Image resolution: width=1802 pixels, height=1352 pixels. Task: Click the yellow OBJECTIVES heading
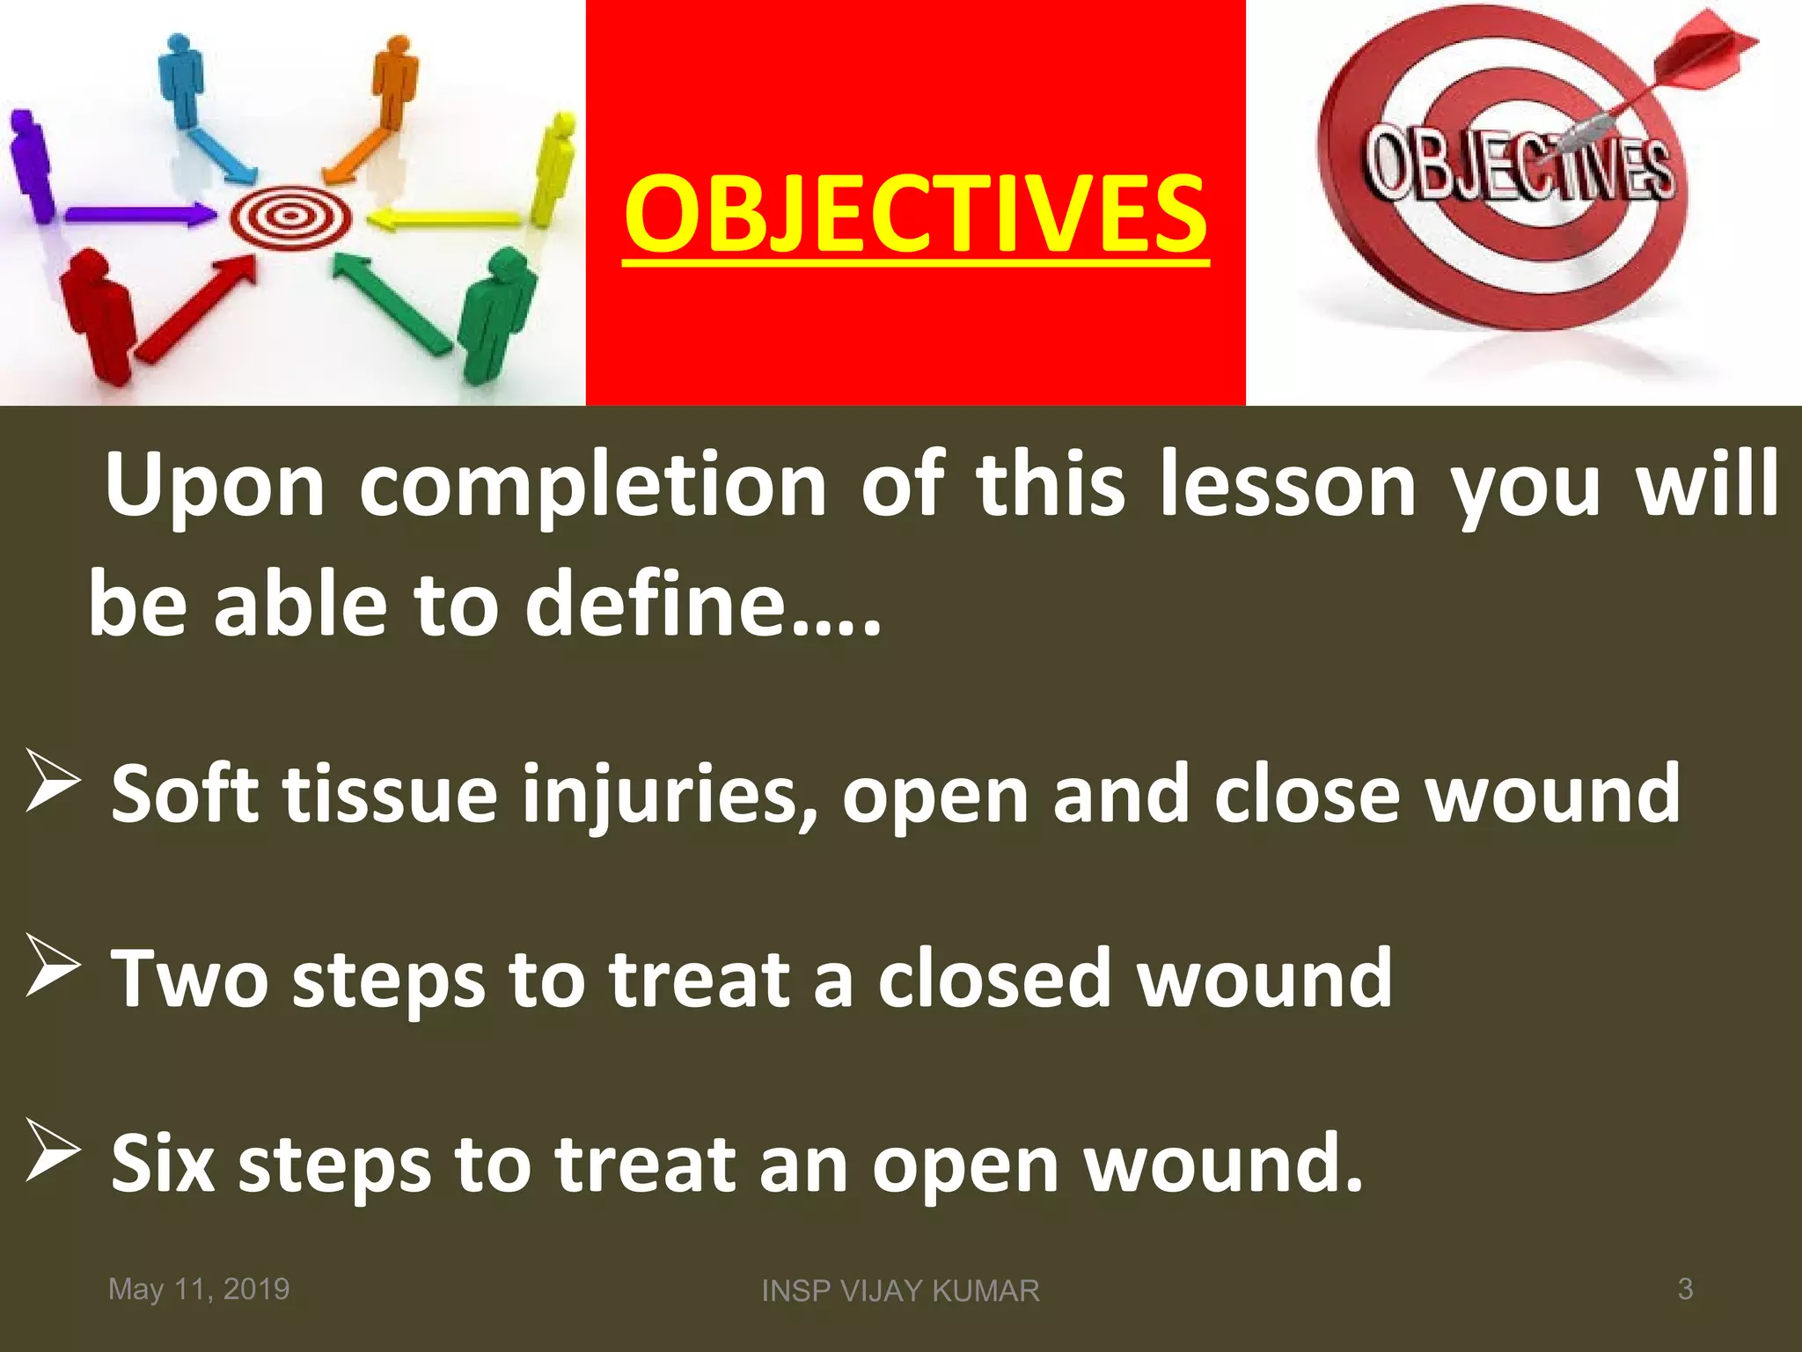click(x=915, y=214)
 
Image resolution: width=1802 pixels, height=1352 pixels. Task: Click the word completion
click(x=592, y=487)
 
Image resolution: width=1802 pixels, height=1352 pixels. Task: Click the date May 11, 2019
click(x=199, y=1289)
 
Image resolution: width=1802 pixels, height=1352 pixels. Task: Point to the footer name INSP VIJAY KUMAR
click(x=900, y=1291)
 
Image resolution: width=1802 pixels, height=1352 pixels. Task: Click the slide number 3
click(x=1685, y=1289)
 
